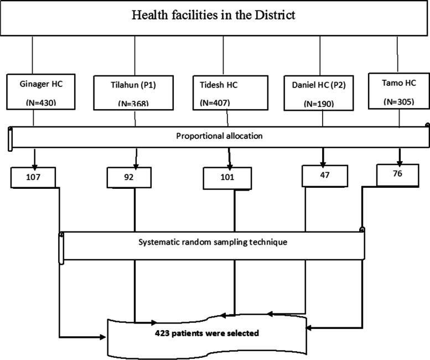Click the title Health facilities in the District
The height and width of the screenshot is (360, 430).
213,16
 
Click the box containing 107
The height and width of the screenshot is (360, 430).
33,178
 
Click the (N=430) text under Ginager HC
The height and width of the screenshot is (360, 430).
37,103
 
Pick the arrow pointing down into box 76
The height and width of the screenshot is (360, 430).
398,157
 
